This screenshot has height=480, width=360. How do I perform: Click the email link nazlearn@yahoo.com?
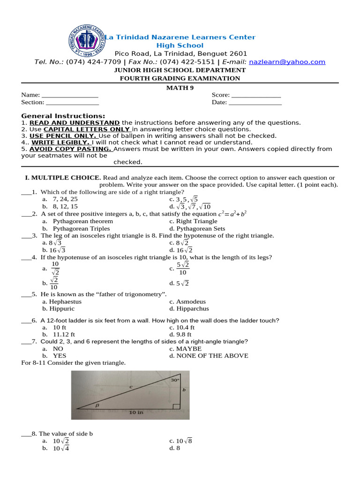tap(287, 62)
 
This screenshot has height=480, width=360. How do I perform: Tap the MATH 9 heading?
tap(180, 88)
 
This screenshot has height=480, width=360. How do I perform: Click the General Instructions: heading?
tap(63, 116)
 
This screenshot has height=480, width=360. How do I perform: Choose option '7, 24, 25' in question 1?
tap(65, 199)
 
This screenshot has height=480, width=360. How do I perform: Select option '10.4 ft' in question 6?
tap(185, 328)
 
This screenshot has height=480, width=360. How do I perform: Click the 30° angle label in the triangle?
tap(175, 380)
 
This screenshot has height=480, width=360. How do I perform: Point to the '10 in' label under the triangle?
tap(136, 412)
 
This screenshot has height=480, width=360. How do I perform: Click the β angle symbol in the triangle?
tap(97, 404)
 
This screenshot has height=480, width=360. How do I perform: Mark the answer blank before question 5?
tap(26, 295)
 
